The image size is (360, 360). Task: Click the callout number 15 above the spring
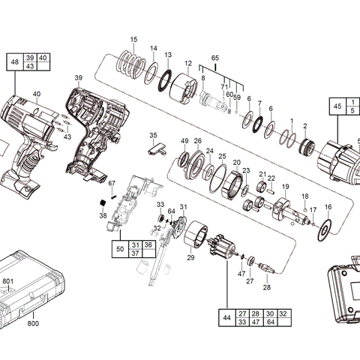(133, 39)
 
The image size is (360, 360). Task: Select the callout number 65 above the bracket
(214, 58)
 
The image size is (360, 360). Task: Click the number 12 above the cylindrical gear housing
(188, 63)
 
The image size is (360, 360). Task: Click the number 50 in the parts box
(120, 249)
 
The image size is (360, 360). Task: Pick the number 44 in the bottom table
(226, 316)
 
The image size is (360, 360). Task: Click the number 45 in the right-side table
(337, 106)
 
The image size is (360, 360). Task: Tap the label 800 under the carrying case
(34, 323)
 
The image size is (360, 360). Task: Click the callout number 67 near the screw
(112, 184)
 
